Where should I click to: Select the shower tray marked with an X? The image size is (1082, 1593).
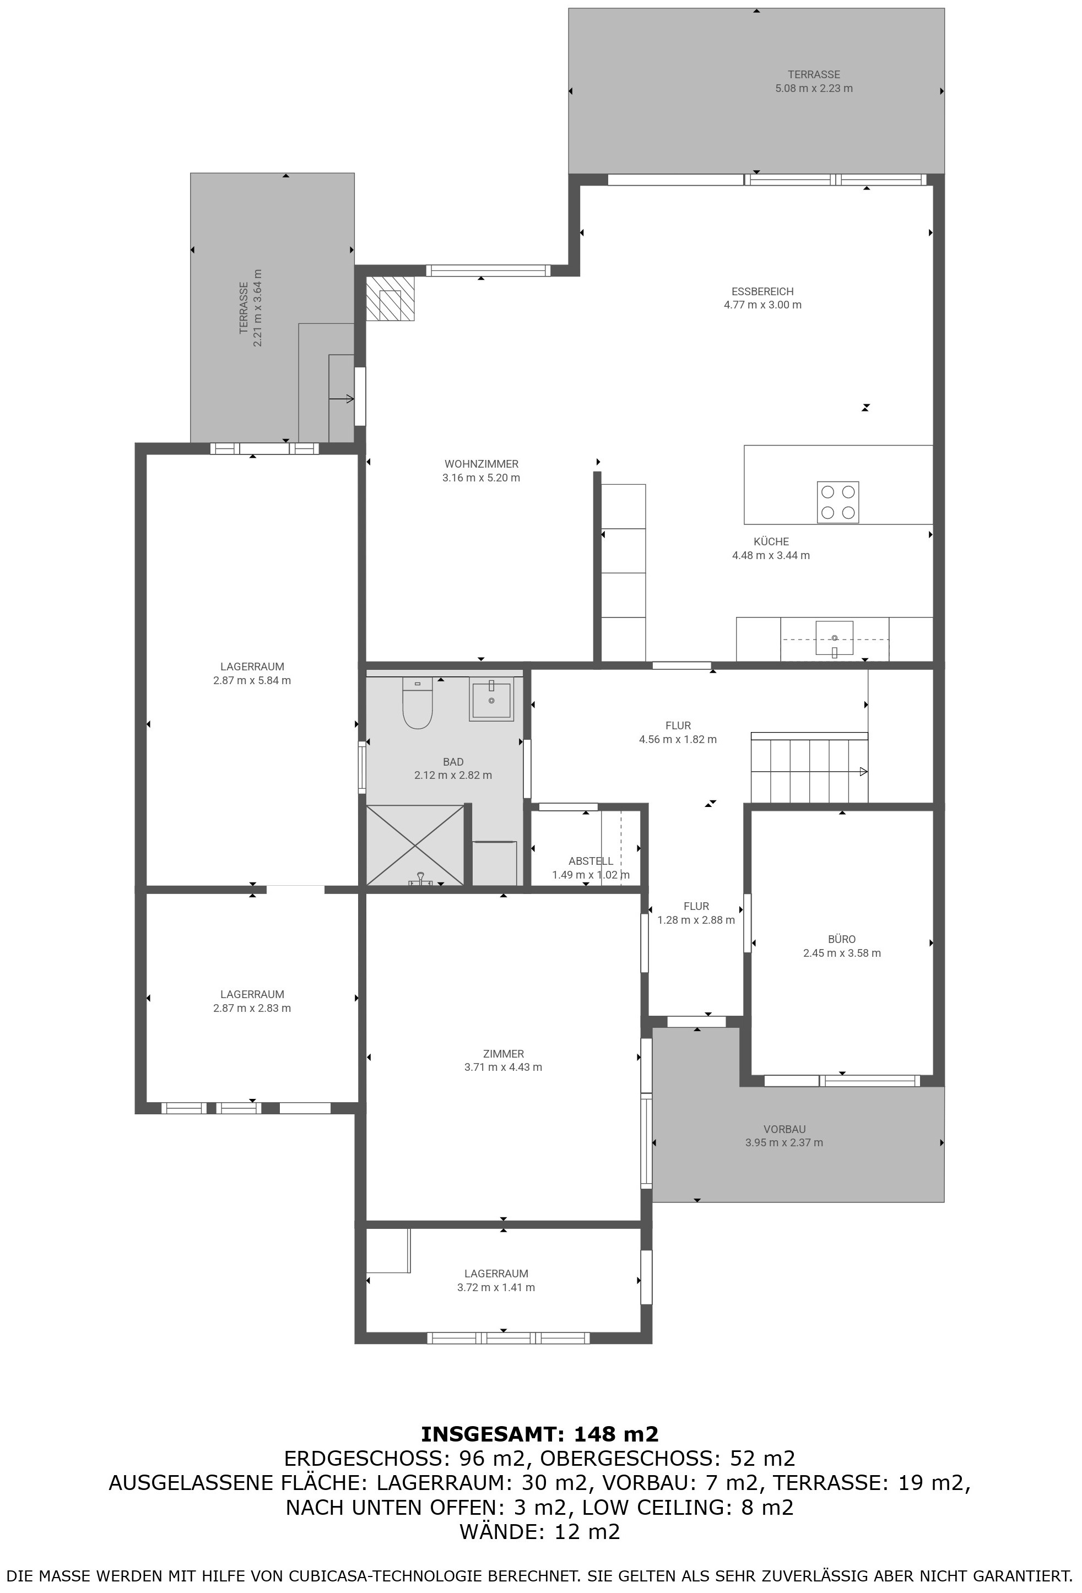[x=415, y=845]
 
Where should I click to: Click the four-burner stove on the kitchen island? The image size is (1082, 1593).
[x=838, y=502]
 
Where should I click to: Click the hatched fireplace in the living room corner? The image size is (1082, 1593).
[x=390, y=298]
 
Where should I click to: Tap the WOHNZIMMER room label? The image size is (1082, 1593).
[x=482, y=464]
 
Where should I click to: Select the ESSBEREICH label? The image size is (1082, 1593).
[x=762, y=291]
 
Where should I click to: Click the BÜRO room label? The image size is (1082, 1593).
[x=842, y=939]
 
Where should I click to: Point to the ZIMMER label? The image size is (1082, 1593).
[x=504, y=1054]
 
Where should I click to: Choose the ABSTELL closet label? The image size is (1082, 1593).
[x=591, y=861]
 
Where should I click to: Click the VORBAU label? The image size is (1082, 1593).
[x=785, y=1129]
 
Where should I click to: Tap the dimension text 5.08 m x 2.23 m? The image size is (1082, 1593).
[x=814, y=89]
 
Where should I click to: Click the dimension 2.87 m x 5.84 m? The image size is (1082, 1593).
[x=252, y=681]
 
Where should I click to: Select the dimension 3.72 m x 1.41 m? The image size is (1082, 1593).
[x=496, y=1287]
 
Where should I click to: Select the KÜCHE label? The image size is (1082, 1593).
[x=771, y=541]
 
